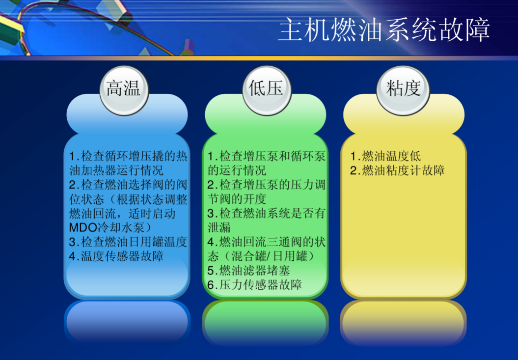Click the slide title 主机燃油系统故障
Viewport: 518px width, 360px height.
(384, 30)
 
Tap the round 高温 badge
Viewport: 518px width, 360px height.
(124, 89)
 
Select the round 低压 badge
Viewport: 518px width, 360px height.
(266, 89)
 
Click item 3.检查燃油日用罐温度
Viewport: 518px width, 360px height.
(128, 242)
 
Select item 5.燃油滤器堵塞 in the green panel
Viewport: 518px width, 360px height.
(248, 270)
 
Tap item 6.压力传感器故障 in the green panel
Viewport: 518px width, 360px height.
(254, 284)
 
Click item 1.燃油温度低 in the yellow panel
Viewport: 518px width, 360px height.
(385, 156)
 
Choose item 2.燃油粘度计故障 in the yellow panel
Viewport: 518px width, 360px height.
(397, 170)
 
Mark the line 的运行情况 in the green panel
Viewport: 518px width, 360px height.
(237, 170)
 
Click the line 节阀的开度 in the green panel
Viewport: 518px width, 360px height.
(237, 199)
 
